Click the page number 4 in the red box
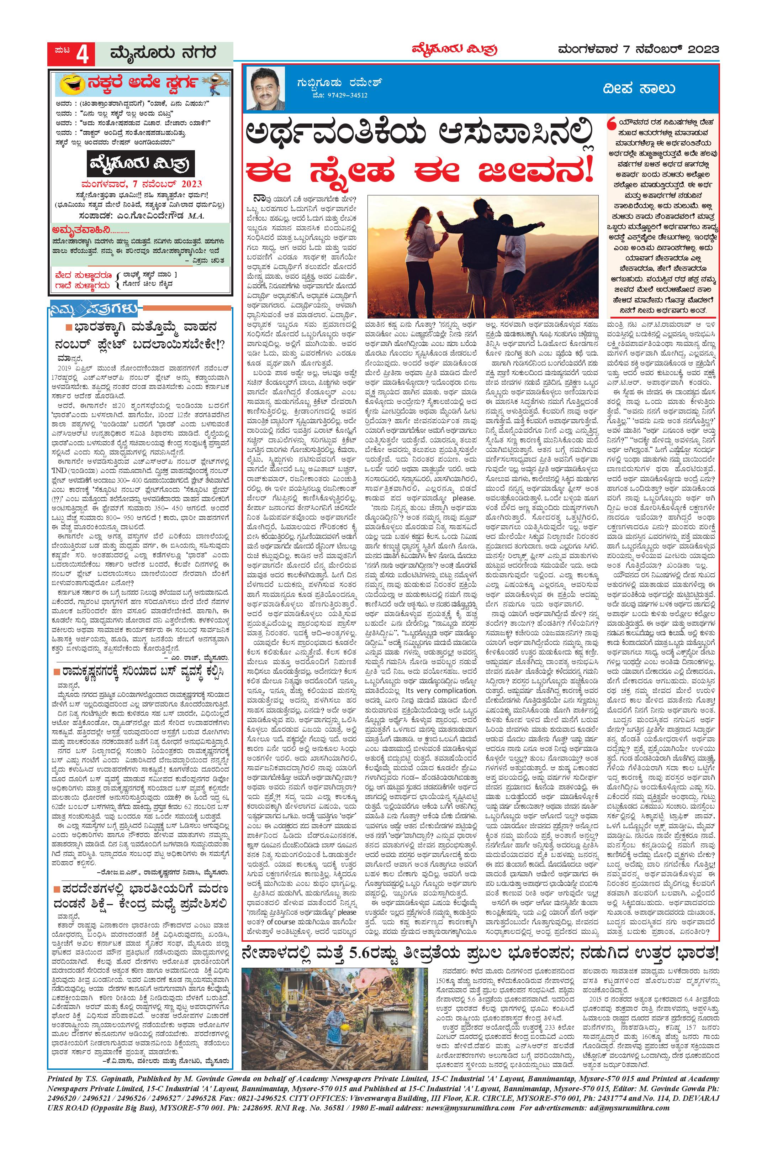click(x=84, y=54)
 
